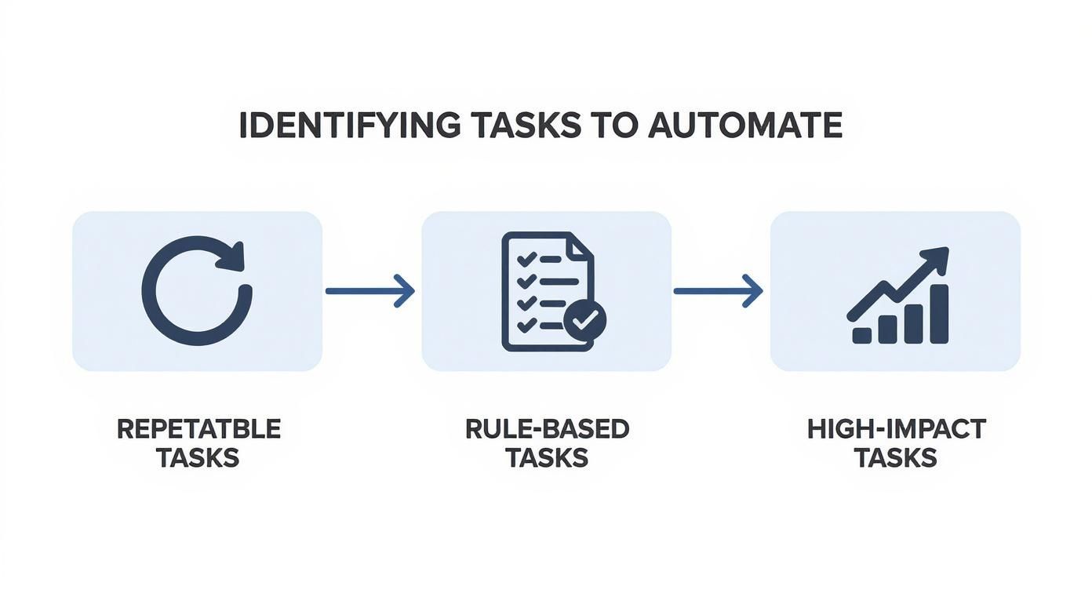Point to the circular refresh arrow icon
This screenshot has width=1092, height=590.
point(197,291)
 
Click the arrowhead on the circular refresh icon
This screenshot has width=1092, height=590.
point(232,257)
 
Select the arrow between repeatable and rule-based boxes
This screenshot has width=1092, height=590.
point(370,291)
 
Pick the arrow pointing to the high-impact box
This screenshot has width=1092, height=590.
point(719,291)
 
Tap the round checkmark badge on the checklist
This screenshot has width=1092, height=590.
point(584,319)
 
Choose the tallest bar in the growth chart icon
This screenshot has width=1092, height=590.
point(938,314)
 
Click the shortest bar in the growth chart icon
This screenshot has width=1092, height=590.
point(861,335)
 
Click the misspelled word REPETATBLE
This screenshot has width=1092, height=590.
point(198,429)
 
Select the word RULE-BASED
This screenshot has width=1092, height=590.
point(547,429)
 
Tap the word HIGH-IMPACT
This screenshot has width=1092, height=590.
point(896,429)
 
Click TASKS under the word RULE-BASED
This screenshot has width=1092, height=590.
point(547,457)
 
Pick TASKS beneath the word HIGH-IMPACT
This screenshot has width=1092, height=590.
point(896,457)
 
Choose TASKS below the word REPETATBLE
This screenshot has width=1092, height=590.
point(198,457)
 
